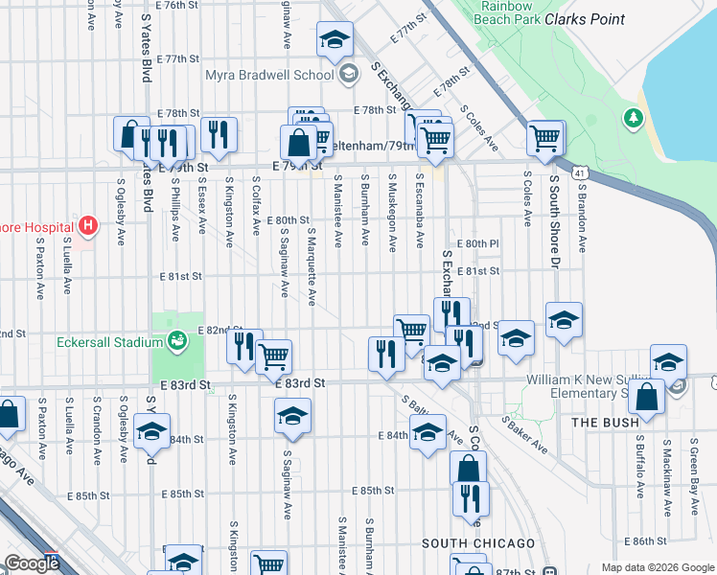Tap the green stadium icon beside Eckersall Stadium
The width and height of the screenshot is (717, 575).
176,339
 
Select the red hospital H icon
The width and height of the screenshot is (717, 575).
88,226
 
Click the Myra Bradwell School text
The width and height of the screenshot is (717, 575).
268,75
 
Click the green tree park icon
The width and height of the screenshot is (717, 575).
633,118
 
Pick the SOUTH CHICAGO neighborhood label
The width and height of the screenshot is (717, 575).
478,543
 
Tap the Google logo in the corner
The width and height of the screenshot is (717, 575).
31,563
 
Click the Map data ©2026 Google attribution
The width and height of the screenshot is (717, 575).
657,567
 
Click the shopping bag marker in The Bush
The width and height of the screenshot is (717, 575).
648,398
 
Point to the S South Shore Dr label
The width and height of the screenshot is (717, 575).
554,215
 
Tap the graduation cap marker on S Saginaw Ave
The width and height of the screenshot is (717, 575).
292,416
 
